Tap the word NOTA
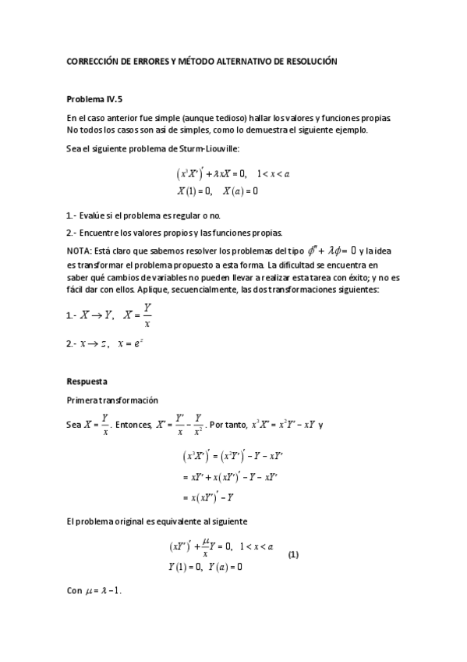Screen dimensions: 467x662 (x=80, y=250)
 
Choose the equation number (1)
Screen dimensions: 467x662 (x=294, y=554)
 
